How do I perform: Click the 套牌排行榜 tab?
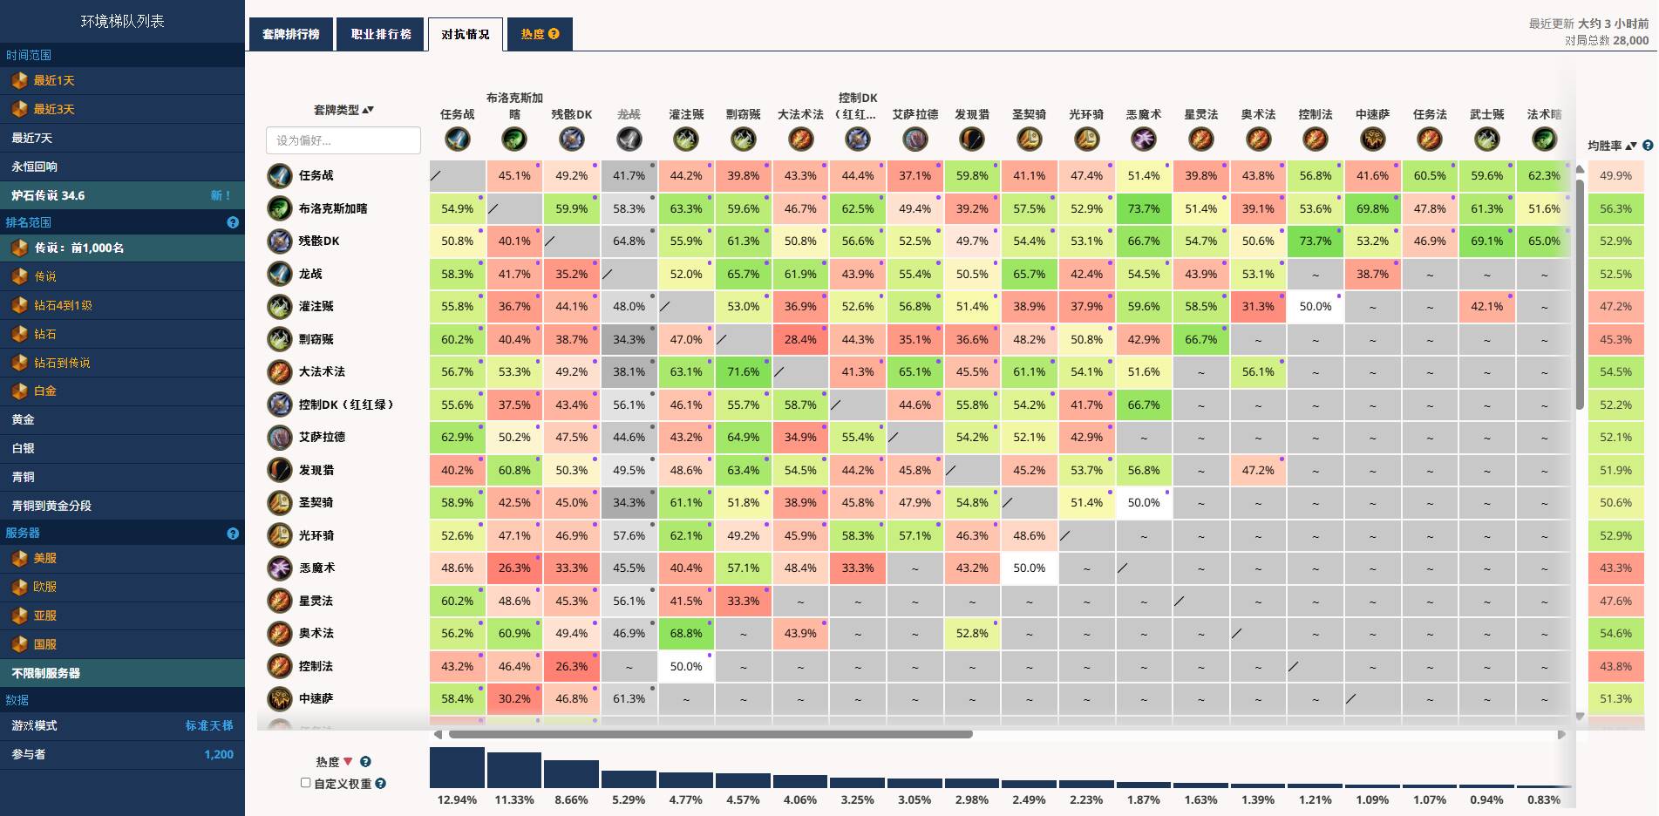click(291, 35)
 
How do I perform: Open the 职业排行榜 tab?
click(381, 35)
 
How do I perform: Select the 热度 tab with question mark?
click(540, 35)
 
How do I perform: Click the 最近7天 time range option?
click(32, 138)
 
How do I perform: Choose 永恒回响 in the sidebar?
click(35, 167)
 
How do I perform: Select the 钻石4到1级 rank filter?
click(63, 305)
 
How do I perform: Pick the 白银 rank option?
click(24, 448)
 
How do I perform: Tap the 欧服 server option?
click(45, 587)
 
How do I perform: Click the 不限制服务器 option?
click(46, 673)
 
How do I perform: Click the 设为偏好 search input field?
click(343, 140)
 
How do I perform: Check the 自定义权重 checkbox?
click(306, 783)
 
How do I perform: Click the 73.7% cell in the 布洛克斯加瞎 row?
click(1144, 209)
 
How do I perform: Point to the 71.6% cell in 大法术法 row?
click(743, 372)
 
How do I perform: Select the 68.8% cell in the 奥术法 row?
click(686, 634)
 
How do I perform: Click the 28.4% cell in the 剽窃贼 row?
click(800, 340)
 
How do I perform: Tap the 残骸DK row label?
click(319, 241)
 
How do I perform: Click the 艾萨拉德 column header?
click(914, 115)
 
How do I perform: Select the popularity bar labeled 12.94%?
click(457, 768)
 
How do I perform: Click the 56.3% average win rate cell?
click(1615, 209)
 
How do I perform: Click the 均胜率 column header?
click(1605, 146)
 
